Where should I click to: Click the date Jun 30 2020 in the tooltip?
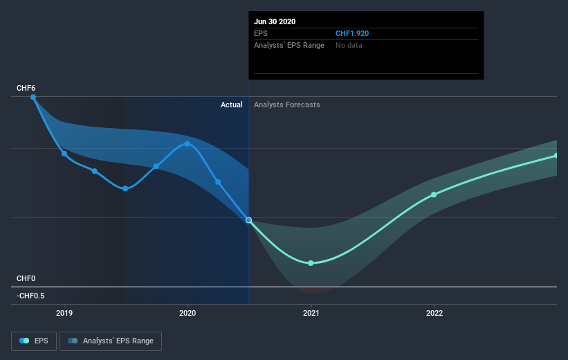[x=275, y=21]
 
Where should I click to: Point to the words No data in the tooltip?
[x=349, y=45]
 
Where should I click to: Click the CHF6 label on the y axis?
[x=26, y=89]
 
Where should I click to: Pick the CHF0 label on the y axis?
[x=26, y=278]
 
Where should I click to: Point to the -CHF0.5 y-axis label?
[x=31, y=296]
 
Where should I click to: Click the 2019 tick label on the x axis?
[x=64, y=313]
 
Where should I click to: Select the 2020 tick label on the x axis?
[x=187, y=313]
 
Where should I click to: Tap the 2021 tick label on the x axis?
[x=311, y=313]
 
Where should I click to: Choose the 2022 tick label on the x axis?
[x=434, y=313]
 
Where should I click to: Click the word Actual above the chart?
[x=231, y=105]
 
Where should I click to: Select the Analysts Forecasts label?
[x=286, y=105]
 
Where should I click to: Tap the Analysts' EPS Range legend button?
[x=111, y=341]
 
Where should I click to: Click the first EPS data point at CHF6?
[x=33, y=97]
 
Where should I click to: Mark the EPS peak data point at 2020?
[x=187, y=143]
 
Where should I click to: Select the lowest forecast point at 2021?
[x=311, y=263]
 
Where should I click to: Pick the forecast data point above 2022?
[x=434, y=195]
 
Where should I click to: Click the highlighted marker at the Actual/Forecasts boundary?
[x=248, y=220]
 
